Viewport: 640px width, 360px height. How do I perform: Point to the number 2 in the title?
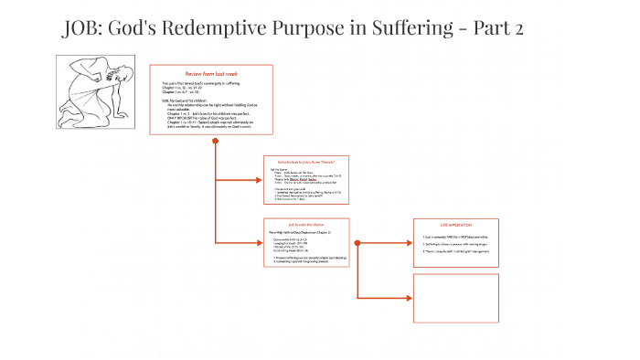coord(518,29)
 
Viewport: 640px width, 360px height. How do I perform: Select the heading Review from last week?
coord(212,72)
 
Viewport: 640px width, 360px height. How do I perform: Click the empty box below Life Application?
coord(455,297)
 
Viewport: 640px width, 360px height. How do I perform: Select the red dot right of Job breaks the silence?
coord(356,242)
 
